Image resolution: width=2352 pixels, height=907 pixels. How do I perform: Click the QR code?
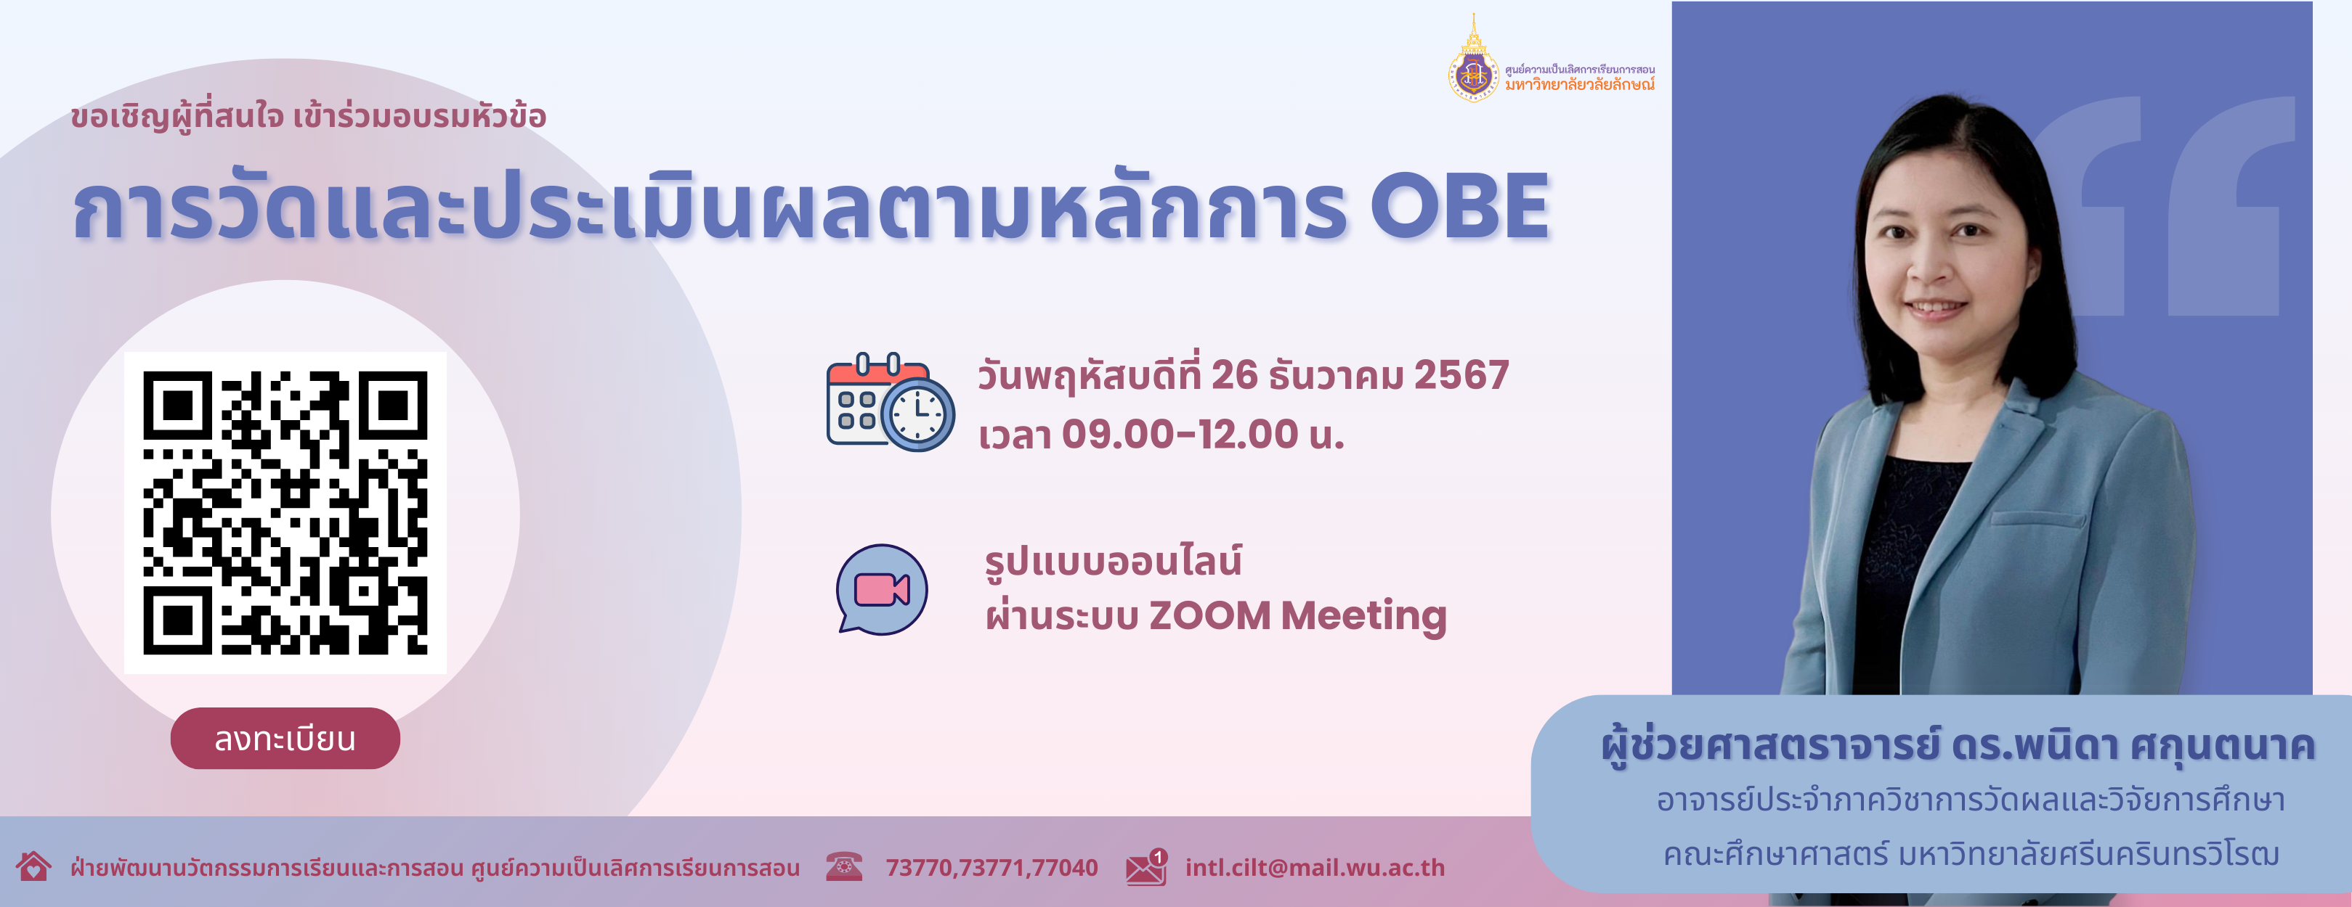click(x=285, y=513)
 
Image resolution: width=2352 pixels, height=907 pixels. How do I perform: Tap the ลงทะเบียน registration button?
click(x=285, y=738)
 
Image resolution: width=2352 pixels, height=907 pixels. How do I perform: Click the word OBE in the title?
click(x=1459, y=208)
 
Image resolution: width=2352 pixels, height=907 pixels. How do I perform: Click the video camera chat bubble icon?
click(x=882, y=589)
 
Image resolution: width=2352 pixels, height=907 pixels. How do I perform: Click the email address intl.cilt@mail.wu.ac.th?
click(x=1315, y=868)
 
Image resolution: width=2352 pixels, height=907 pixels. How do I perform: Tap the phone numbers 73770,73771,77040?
click(x=992, y=868)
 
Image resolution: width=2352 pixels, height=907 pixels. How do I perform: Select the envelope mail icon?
click(x=1147, y=867)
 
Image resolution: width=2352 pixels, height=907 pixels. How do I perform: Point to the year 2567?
click(x=1461, y=375)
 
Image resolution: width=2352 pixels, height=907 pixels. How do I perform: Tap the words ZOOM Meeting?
click(x=1297, y=617)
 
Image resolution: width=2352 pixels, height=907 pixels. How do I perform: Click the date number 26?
click(x=1234, y=375)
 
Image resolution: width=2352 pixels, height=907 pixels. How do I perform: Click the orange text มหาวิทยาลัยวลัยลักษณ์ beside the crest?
click(x=1580, y=85)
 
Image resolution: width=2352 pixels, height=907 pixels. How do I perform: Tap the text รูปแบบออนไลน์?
click(x=1113, y=560)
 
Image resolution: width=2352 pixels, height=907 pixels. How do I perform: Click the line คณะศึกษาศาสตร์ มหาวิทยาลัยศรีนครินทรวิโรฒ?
click(x=1971, y=855)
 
